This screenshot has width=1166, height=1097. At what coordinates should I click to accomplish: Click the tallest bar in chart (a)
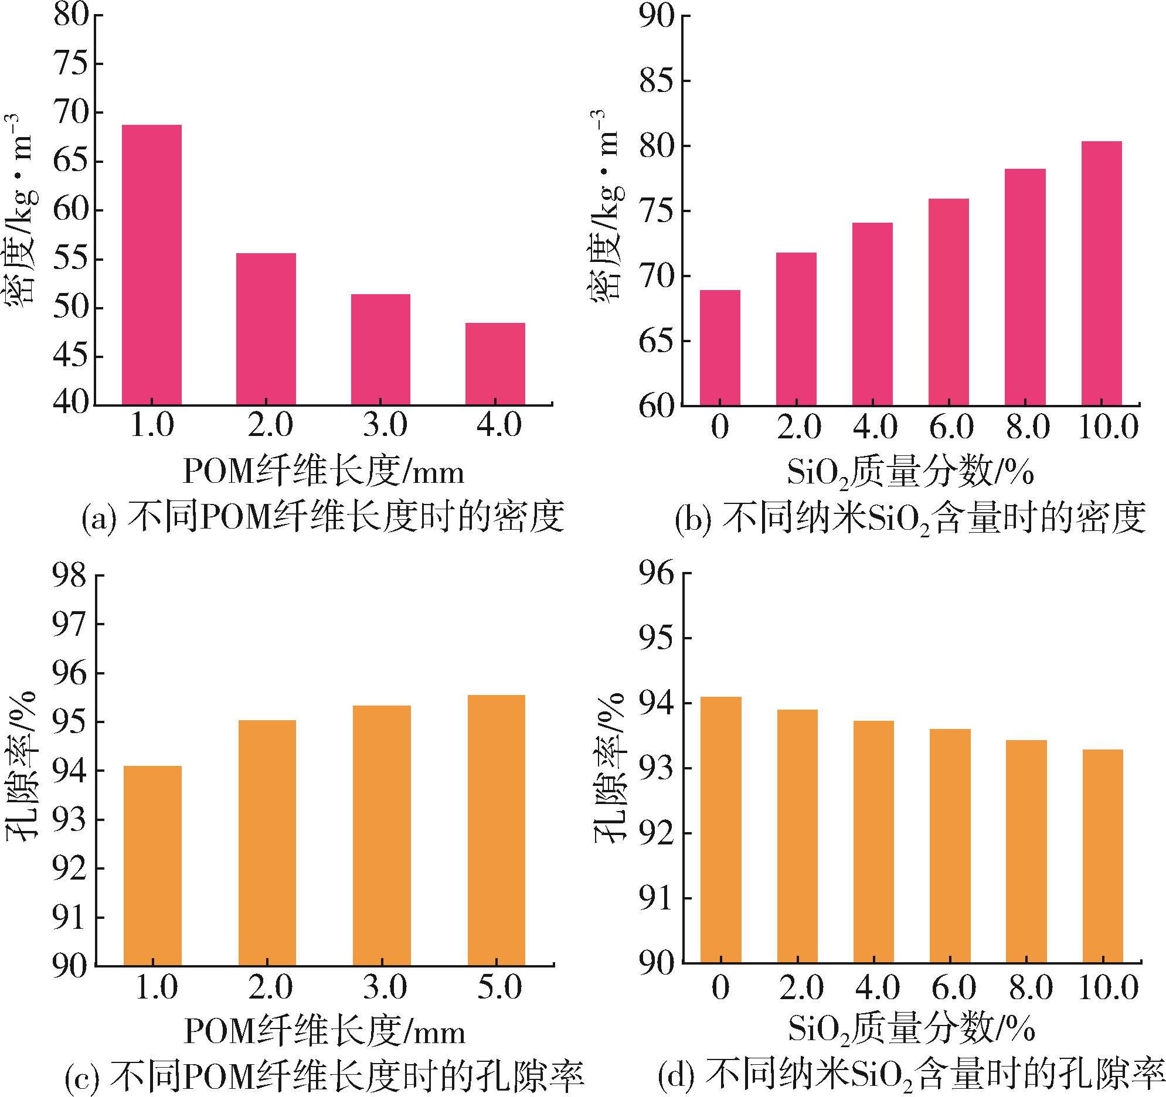[x=151, y=264]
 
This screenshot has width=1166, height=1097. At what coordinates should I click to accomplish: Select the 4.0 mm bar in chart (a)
[x=495, y=363]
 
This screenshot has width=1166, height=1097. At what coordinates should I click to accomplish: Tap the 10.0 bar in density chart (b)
[x=1102, y=273]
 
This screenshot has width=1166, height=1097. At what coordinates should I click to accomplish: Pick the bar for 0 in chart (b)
[x=720, y=347]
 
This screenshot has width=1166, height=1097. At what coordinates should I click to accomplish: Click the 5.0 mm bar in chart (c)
[x=496, y=830]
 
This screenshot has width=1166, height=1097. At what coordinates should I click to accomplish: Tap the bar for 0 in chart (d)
[x=720, y=830]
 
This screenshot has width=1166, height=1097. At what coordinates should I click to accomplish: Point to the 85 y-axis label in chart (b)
[x=657, y=80]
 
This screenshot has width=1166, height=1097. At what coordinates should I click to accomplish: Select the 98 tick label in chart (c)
[x=70, y=576]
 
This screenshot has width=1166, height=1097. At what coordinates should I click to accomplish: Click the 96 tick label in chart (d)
[x=657, y=573]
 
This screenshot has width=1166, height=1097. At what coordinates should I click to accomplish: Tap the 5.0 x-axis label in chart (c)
[x=499, y=987]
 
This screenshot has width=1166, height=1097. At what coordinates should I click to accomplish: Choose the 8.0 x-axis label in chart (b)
[x=1028, y=426]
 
